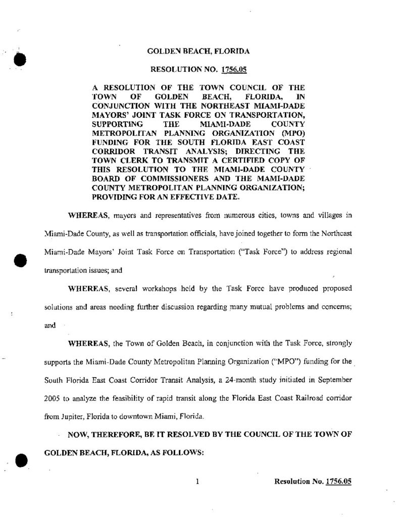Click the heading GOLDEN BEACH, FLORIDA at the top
(x=198, y=51)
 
